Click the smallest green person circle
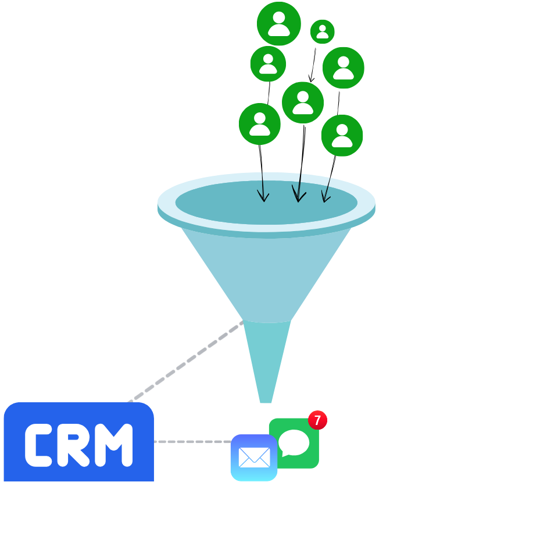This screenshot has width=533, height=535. click(x=322, y=31)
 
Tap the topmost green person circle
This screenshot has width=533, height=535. click(x=279, y=23)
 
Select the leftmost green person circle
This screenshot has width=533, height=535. click(x=260, y=124)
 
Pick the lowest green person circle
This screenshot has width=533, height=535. click(x=342, y=136)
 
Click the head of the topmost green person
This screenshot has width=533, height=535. click(x=279, y=17)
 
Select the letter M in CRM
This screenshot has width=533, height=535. click(x=114, y=445)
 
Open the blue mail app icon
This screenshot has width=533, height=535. click(x=254, y=458)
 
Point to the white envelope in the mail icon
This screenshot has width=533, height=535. click(x=254, y=458)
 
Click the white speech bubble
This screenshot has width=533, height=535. click(x=294, y=443)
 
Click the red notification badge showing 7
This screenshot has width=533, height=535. click(x=317, y=420)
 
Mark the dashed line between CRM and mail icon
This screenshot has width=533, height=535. click(x=192, y=442)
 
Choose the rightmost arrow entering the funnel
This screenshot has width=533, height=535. click(x=327, y=190)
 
